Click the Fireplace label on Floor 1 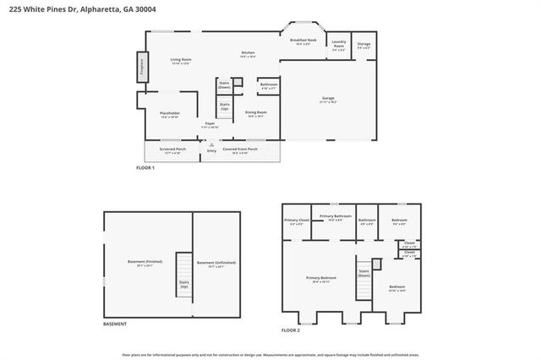tap(141, 66)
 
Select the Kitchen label tap(249, 54)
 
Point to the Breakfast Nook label tap(303, 41)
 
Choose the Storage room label tap(363, 46)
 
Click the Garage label tap(326, 99)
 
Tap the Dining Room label tap(255, 113)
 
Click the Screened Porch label tap(172, 150)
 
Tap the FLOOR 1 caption tap(145, 168)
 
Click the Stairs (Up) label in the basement tap(183, 285)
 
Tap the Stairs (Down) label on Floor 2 tap(363, 273)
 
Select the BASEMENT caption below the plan tap(115, 324)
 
